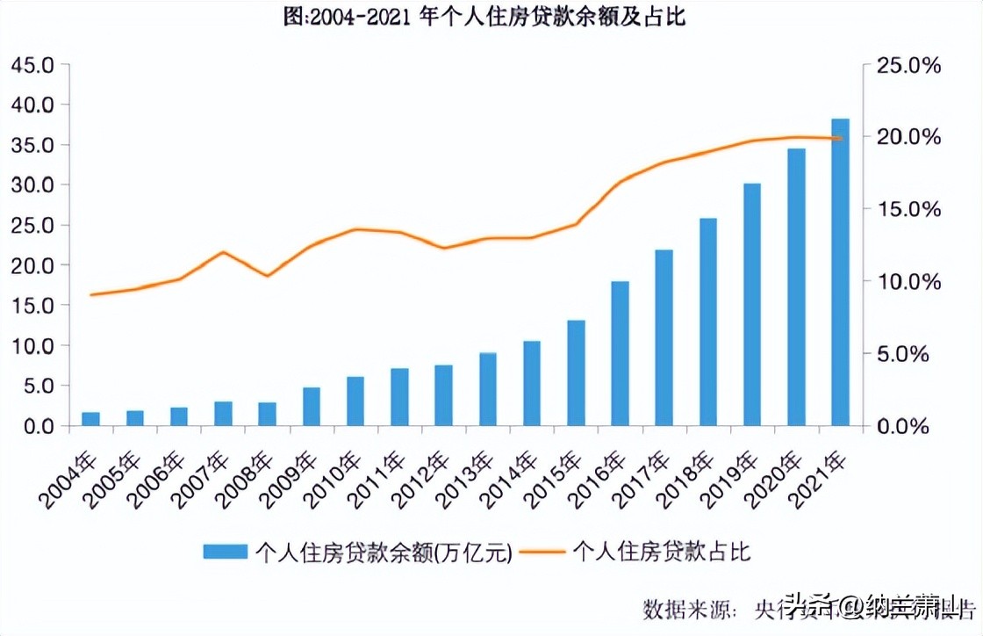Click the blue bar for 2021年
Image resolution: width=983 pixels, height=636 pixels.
840,272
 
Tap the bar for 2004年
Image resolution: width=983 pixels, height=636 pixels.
91,418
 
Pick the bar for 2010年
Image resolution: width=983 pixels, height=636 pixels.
355,401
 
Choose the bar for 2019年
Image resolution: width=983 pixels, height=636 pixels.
752,304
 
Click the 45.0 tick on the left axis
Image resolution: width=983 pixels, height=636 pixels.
32,65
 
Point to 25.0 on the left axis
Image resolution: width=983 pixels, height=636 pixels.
32,225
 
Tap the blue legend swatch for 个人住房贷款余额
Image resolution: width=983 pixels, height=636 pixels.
226,552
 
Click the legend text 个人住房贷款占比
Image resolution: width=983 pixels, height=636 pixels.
662,552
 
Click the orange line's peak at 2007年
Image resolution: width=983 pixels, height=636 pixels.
223,252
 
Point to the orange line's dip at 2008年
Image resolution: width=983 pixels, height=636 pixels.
267,276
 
